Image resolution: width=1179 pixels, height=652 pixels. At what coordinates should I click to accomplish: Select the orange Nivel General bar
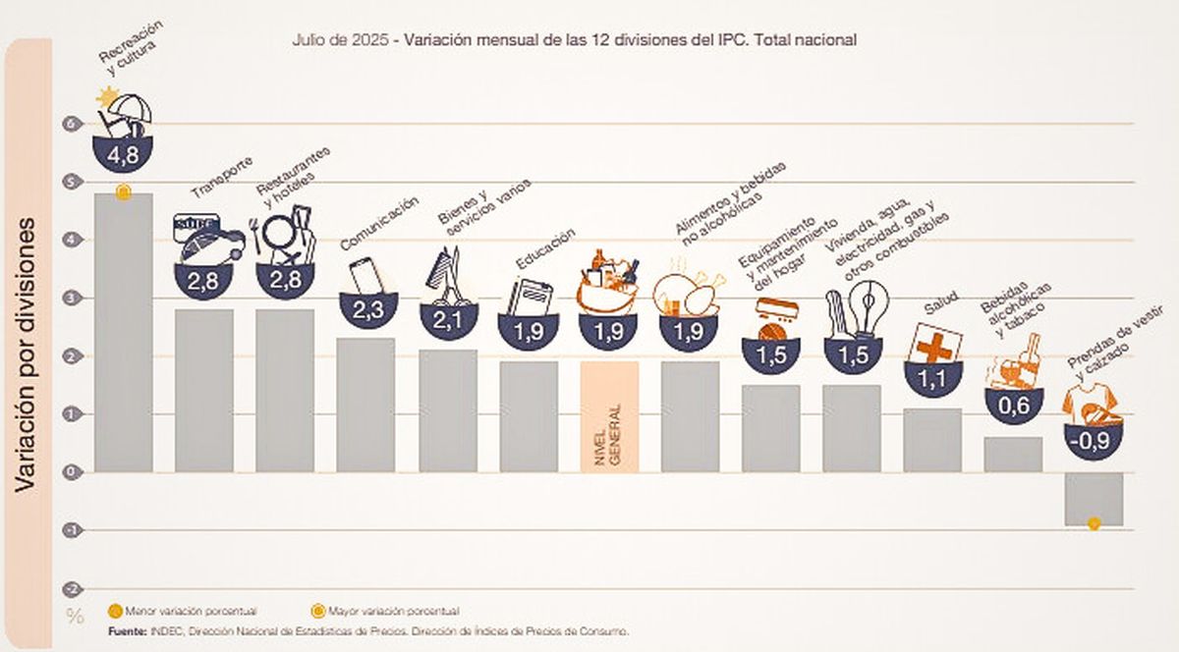pos(609,416)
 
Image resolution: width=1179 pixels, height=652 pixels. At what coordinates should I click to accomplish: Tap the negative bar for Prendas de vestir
pos(1093,499)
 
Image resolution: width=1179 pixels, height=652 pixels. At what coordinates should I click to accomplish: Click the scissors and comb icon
pos(445,277)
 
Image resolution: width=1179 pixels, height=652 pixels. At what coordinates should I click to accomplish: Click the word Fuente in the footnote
pos(123,630)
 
